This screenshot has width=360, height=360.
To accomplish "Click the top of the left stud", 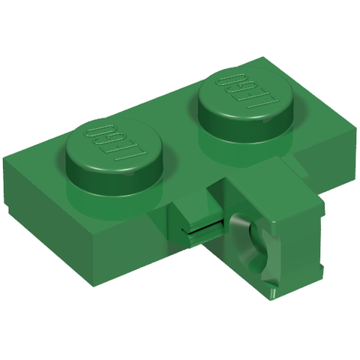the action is tap(114, 145).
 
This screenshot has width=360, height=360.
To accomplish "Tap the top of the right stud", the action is tap(246, 93).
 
